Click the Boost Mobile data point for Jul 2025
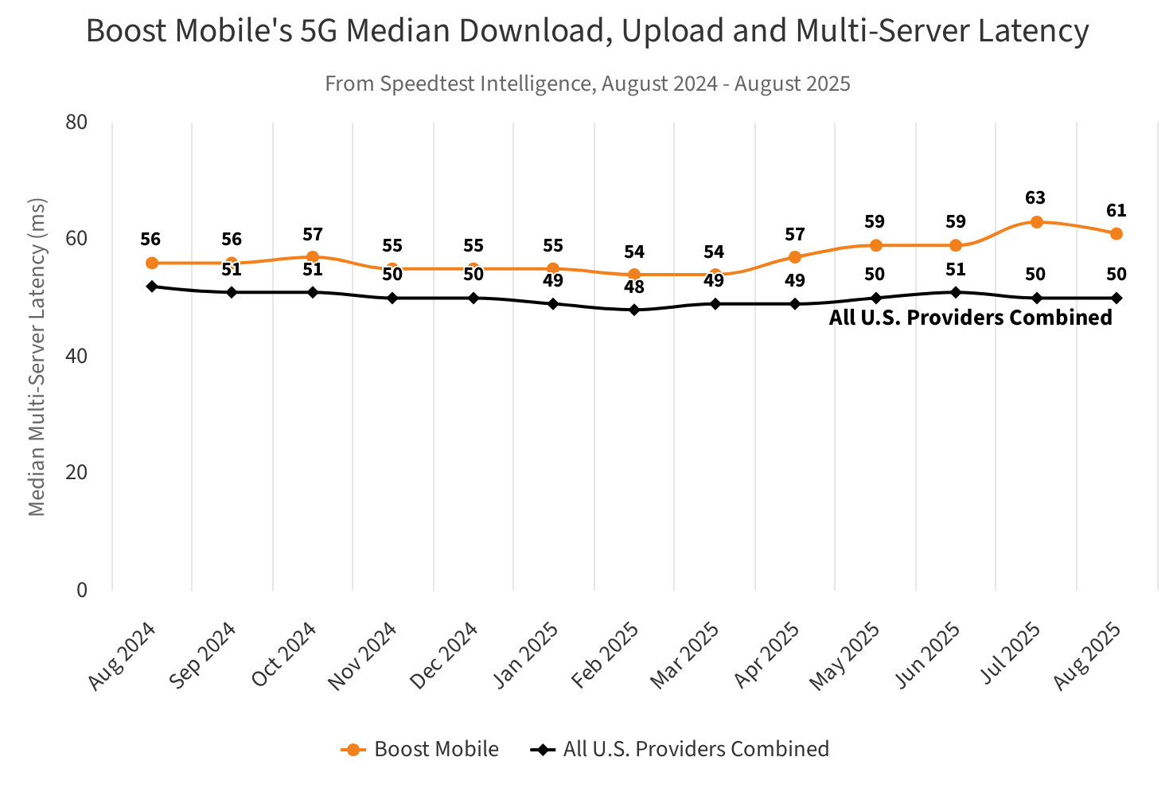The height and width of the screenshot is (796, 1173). click(1036, 222)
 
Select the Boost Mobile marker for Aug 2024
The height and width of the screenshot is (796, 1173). click(151, 263)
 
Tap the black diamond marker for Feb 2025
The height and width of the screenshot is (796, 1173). click(634, 310)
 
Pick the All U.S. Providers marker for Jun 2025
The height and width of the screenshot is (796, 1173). click(956, 292)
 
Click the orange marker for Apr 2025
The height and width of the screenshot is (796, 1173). click(795, 257)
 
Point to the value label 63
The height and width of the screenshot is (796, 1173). click(1035, 198)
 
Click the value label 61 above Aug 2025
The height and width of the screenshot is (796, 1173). click(1116, 211)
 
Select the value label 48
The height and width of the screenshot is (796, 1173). click(634, 287)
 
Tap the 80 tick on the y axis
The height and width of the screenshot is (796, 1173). click(76, 123)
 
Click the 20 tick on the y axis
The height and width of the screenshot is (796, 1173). click(76, 473)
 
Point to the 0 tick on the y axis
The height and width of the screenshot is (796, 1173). click(81, 590)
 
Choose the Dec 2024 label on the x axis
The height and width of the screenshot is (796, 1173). click(445, 654)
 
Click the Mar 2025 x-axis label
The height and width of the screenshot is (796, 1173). click(685, 654)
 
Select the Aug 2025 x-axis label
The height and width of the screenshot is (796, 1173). click(1088, 654)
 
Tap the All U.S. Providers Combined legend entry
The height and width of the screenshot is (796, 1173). click(680, 749)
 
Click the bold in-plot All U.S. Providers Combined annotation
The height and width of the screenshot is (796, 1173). click(970, 318)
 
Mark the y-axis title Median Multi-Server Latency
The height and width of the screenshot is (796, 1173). click(37, 357)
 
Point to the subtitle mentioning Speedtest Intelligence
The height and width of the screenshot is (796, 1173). click(587, 84)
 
